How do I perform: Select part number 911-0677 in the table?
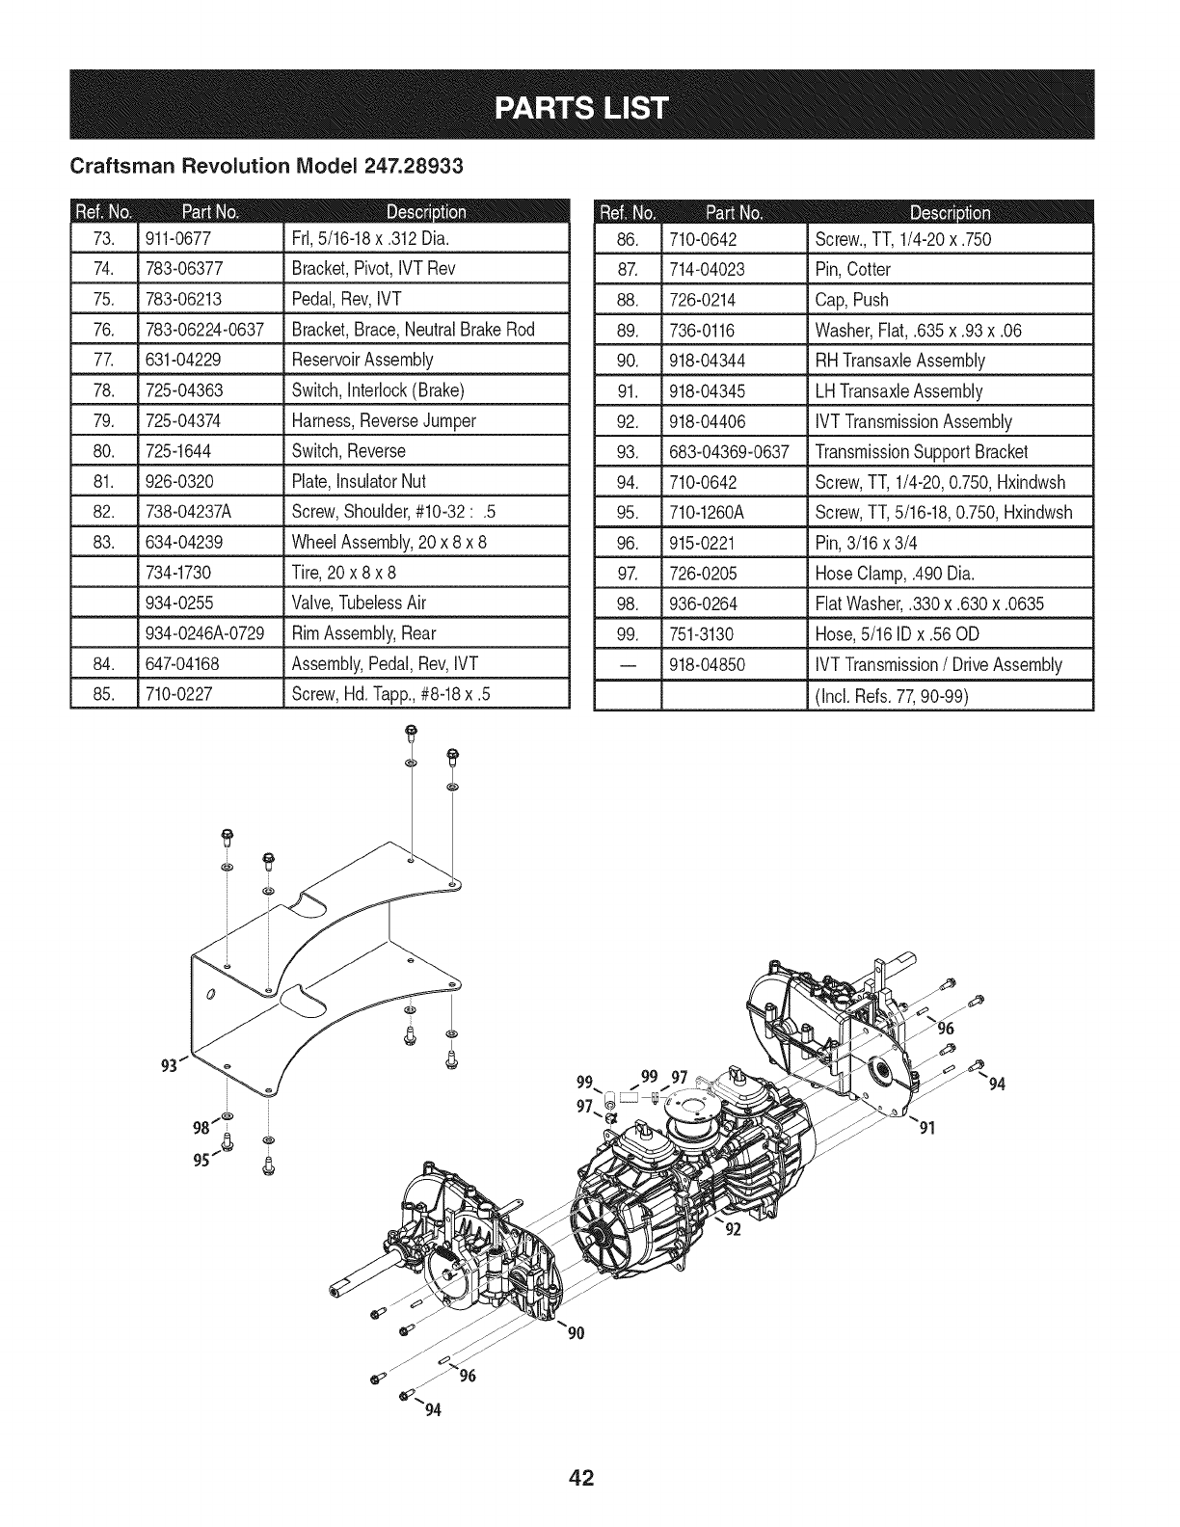click(180, 239)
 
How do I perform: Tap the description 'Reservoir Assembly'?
click(362, 360)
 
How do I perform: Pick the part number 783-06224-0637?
click(204, 330)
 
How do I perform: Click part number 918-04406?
click(708, 421)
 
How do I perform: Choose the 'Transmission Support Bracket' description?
click(922, 452)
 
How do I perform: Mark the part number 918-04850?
click(708, 665)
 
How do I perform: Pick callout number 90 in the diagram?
click(577, 1334)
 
